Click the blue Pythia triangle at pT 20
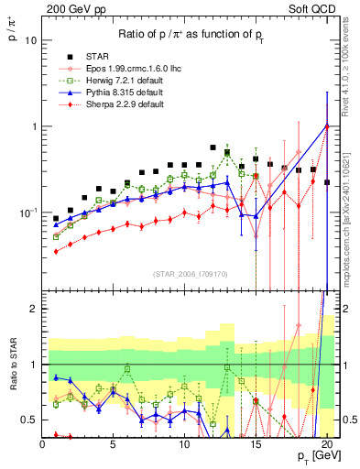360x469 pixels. [x=327, y=125]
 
